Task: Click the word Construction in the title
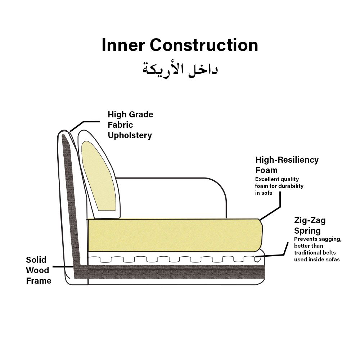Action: (x=204, y=46)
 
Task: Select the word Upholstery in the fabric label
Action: (x=130, y=135)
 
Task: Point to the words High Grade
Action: (x=130, y=114)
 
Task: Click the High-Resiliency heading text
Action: (x=287, y=160)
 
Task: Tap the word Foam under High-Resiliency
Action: (x=266, y=170)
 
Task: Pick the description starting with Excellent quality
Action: (x=279, y=186)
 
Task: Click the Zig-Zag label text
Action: (x=310, y=220)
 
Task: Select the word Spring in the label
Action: (x=307, y=230)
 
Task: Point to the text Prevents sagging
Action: (x=318, y=239)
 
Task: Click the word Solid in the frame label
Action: (x=36, y=260)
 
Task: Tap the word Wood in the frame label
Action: (x=37, y=270)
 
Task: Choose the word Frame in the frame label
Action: (x=39, y=281)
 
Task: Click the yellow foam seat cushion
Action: (x=175, y=235)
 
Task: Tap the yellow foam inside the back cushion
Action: (x=98, y=176)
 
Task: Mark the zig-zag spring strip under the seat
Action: (x=173, y=259)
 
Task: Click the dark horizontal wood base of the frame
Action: (x=173, y=273)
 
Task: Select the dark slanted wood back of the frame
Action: (x=69, y=202)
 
